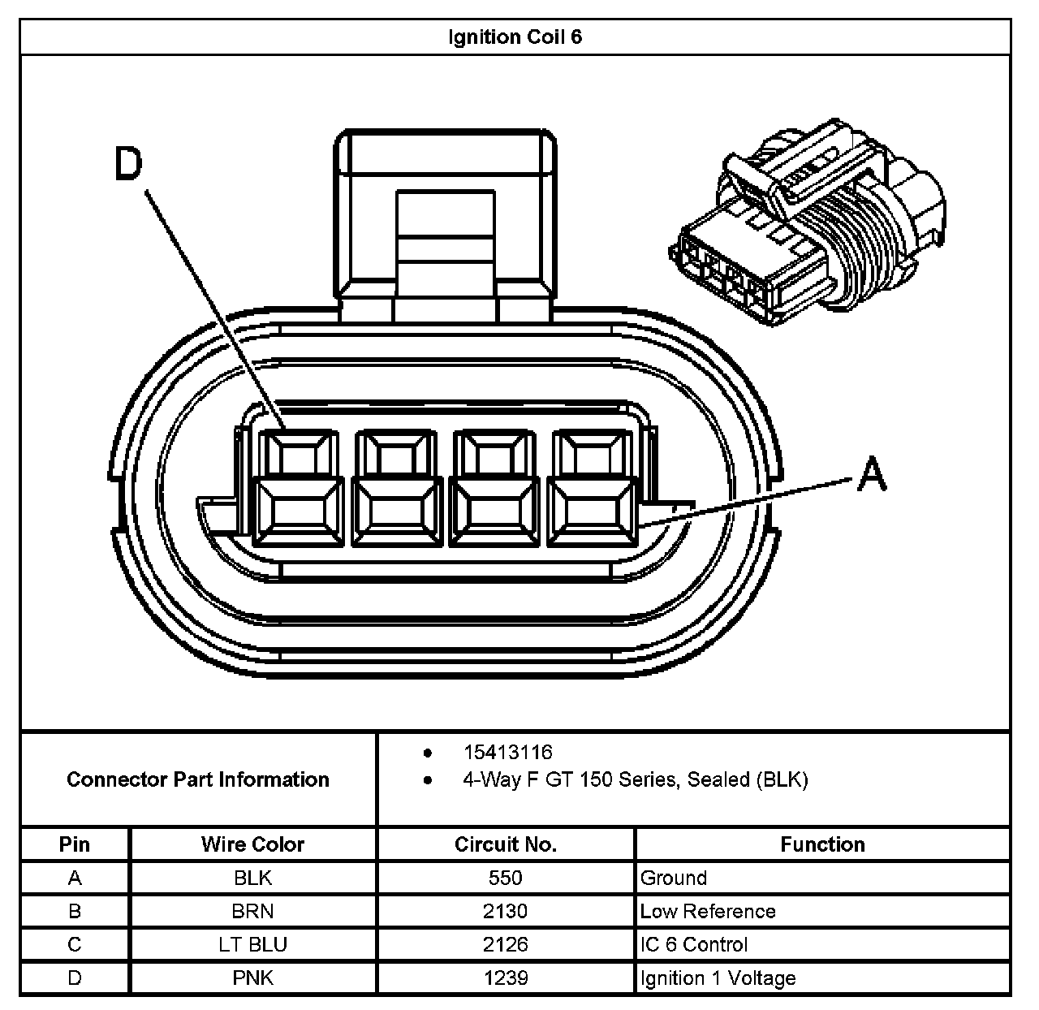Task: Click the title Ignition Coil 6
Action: pos(515,37)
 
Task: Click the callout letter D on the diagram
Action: pos(127,165)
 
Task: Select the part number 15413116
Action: pos(507,753)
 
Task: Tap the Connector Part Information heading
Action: pos(198,779)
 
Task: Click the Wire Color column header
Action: pos(252,844)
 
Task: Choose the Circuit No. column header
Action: pos(506,844)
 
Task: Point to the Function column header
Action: pos(822,844)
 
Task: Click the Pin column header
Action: pos(75,844)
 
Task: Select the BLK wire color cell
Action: pos(252,878)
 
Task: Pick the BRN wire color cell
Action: pos(252,911)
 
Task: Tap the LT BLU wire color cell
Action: pos(252,944)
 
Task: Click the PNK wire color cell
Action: pos(252,978)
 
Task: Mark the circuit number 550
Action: pos(506,878)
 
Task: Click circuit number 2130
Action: pos(506,911)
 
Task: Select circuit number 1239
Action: pos(506,978)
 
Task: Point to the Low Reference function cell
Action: pos(708,911)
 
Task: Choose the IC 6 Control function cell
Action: pos(694,944)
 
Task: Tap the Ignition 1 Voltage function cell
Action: pos(718,978)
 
